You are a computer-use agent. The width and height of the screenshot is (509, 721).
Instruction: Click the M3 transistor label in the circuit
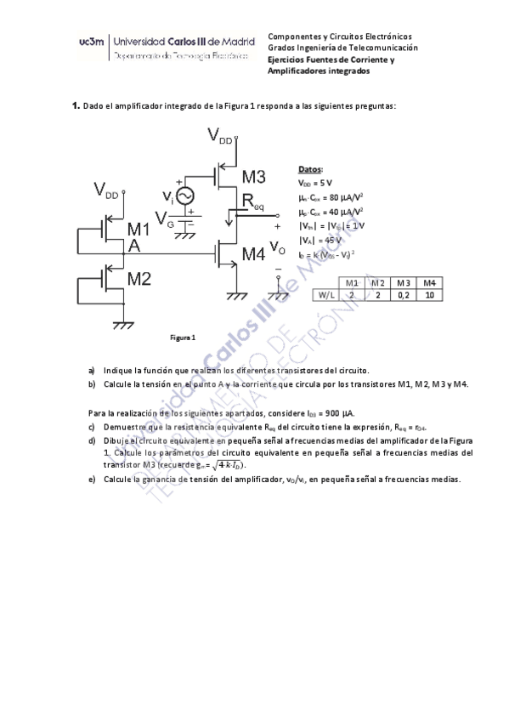click(x=253, y=178)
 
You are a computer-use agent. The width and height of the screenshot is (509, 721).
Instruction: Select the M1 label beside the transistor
click(x=139, y=229)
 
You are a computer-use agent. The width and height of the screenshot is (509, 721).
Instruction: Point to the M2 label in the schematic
click(x=139, y=278)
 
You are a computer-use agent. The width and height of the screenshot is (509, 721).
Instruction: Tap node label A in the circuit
click(x=133, y=247)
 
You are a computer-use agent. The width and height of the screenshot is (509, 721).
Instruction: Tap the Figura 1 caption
click(x=184, y=338)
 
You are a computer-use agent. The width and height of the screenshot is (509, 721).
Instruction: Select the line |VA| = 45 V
click(x=321, y=239)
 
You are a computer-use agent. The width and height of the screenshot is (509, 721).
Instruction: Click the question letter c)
click(x=91, y=427)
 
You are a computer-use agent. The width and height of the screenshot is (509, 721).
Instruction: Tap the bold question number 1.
click(x=75, y=105)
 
